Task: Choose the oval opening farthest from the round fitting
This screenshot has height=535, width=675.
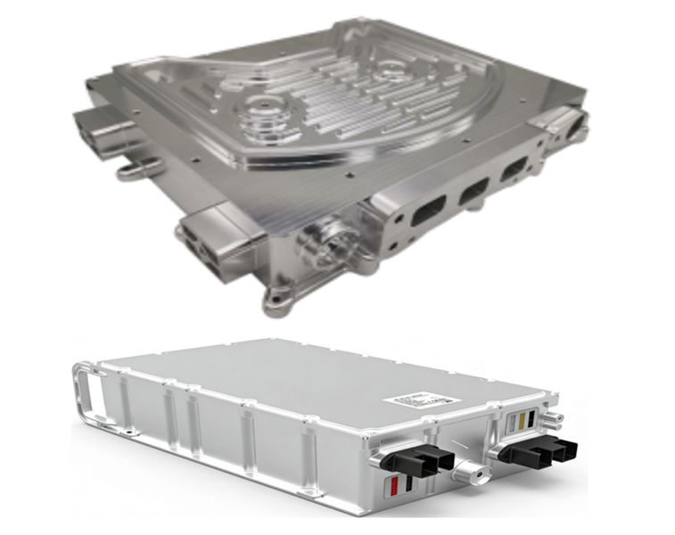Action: (x=515, y=169)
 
